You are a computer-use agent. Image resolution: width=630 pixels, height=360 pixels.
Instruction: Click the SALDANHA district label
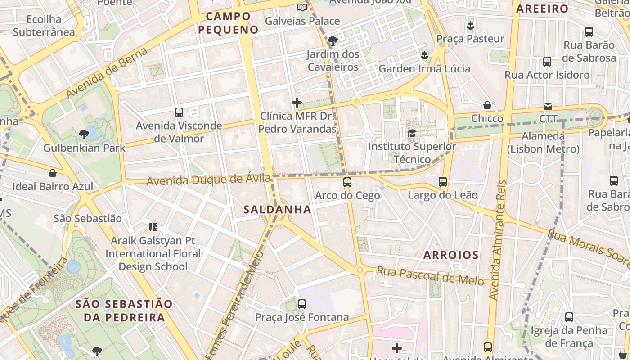tap(277, 209)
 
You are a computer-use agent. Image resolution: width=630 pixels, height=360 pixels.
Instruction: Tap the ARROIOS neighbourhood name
tap(451, 255)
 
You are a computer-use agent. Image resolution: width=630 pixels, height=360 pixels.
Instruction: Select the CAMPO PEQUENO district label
tap(229, 23)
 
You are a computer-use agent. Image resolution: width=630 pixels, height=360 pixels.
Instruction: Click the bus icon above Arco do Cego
tap(347, 182)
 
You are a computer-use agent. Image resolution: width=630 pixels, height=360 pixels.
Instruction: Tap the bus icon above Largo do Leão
tap(443, 182)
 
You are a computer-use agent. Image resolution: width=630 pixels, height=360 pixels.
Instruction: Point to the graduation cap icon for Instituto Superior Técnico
tap(412, 133)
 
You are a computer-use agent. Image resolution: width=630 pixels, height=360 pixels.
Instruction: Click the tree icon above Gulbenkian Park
tap(84, 134)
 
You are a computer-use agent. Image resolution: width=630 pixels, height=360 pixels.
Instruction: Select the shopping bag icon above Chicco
tap(487, 105)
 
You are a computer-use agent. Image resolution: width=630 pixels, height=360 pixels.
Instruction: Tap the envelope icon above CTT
tap(548, 106)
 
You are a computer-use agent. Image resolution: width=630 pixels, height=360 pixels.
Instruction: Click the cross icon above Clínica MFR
tap(297, 103)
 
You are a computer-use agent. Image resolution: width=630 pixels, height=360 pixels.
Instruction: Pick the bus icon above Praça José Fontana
tap(302, 304)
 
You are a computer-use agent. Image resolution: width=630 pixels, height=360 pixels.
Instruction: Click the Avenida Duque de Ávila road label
tap(209, 180)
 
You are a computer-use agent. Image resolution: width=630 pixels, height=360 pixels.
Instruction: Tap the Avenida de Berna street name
tap(108, 72)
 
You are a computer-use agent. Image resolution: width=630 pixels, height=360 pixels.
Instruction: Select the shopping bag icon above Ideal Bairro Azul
tap(53, 173)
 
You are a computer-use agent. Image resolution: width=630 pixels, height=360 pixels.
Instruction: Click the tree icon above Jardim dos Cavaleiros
tap(333, 41)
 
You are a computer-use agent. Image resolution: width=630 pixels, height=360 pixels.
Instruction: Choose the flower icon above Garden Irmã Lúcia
tap(424, 55)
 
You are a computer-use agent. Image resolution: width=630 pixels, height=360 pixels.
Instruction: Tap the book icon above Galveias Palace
tap(302, 8)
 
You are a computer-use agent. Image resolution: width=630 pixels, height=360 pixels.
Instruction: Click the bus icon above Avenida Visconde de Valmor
tap(179, 112)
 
